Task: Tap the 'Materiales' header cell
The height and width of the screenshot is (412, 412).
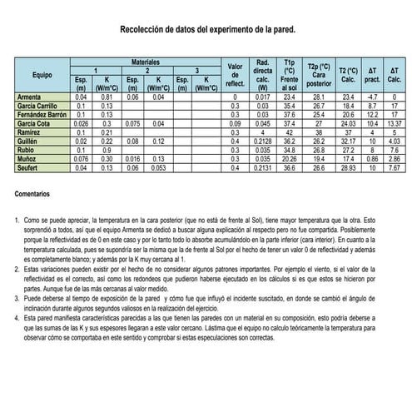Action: click(x=145, y=62)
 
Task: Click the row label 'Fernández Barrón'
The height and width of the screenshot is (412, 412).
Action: click(x=42, y=115)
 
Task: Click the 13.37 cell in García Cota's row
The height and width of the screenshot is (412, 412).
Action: click(x=395, y=123)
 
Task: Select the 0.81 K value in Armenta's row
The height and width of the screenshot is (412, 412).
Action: click(x=107, y=97)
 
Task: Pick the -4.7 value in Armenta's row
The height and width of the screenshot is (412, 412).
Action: click(x=373, y=97)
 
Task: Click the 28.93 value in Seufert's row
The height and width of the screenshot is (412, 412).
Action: click(x=348, y=167)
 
